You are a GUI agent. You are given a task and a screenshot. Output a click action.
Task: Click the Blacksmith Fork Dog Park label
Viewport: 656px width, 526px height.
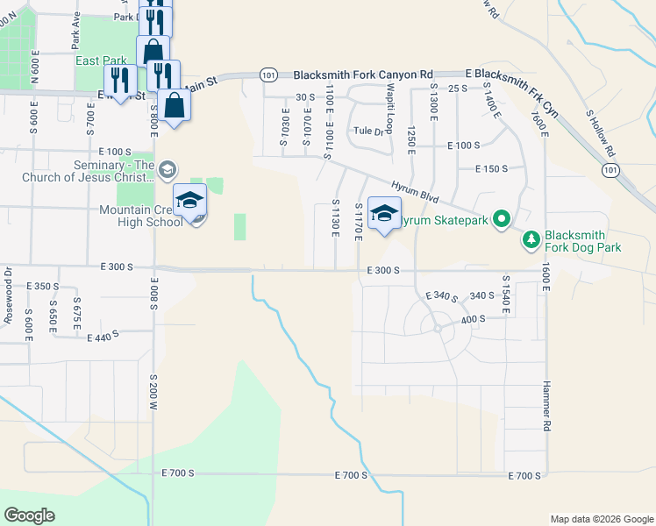pos(595,241)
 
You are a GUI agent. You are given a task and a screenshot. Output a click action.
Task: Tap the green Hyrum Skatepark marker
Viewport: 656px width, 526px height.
pos(502,218)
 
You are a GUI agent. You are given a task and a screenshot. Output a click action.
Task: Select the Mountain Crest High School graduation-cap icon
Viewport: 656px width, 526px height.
pos(190,202)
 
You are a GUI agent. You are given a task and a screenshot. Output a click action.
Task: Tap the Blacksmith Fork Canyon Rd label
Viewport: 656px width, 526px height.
pos(363,75)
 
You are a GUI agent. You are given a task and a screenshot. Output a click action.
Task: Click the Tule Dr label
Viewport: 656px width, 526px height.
pos(368,131)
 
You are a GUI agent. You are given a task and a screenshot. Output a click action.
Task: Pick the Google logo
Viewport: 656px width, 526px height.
pos(29,515)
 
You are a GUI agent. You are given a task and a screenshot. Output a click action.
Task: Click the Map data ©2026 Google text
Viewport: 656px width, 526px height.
pos(602,519)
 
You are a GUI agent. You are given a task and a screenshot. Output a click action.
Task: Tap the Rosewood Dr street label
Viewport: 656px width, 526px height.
pos(8,303)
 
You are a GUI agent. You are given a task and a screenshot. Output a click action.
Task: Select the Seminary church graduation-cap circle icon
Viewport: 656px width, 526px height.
pos(169,169)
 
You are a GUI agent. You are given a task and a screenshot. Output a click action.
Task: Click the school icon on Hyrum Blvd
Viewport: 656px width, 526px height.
pos(384,214)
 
